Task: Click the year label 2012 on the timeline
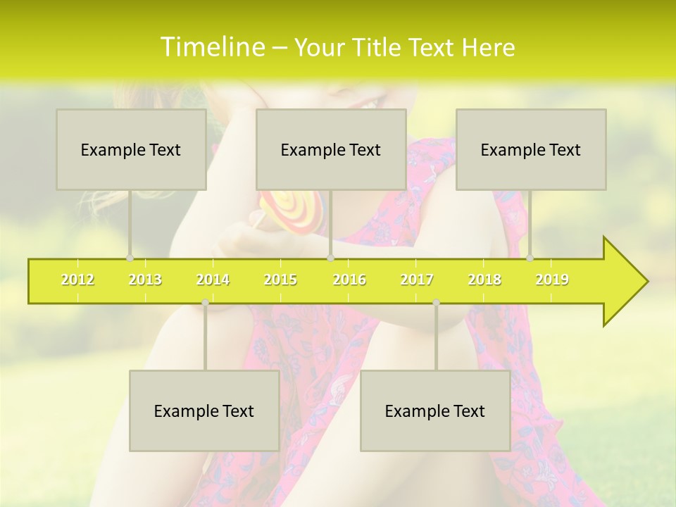tap(77, 280)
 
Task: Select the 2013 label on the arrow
tap(145, 280)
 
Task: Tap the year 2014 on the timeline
tap(213, 280)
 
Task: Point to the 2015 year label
tap(280, 280)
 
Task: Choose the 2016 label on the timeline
tap(349, 280)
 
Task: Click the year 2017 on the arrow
tap(417, 280)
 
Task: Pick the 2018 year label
tap(484, 280)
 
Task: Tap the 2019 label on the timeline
tap(552, 280)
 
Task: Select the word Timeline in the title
tap(211, 47)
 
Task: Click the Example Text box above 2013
tap(131, 149)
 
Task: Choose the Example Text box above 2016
tap(331, 149)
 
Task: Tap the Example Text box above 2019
tap(531, 149)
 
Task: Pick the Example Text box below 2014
tap(204, 411)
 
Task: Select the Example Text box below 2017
tap(435, 411)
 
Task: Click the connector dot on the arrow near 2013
tap(130, 258)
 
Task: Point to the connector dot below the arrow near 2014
tap(205, 303)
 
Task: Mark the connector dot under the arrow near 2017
tap(436, 303)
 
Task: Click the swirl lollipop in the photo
tap(292, 210)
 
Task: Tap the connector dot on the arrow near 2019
tap(530, 258)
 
